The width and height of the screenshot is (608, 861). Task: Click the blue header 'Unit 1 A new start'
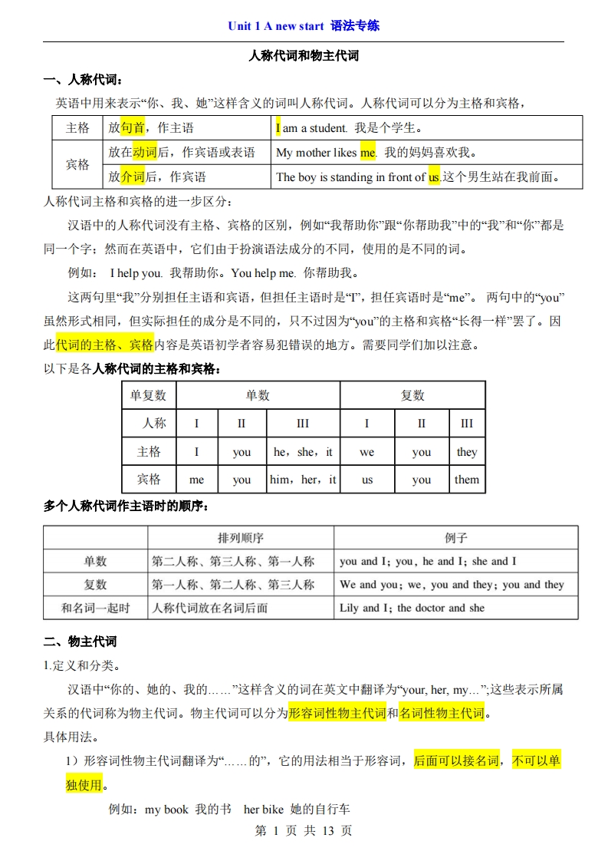coord(276,26)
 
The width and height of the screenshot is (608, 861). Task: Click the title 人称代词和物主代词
coord(304,56)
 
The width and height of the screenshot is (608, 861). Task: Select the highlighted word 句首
coord(133,128)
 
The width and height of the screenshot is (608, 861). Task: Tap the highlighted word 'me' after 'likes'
coord(368,153)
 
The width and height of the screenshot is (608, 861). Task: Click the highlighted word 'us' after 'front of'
coord(434,177)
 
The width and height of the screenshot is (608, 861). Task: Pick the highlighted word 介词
coord(133,177)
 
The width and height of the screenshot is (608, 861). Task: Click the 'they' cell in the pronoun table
coord(466,452)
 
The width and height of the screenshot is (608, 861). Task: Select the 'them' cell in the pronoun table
coord(466,480)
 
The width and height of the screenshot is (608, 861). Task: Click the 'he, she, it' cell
coord(303,452)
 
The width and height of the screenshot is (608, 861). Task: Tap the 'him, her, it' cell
coord(303,480)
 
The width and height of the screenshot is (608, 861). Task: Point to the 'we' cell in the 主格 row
coord(366,452)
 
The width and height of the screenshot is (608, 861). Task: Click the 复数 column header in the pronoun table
coord(412,395)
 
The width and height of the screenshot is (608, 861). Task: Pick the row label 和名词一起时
coord(95,608)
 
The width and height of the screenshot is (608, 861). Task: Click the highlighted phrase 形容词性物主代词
coord(337,714)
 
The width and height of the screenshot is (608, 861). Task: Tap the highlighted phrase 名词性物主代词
coord(442,714)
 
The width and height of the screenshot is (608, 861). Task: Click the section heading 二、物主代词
coord(80,642)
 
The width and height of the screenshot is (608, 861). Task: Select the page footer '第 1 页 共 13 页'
coord(303,831)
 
